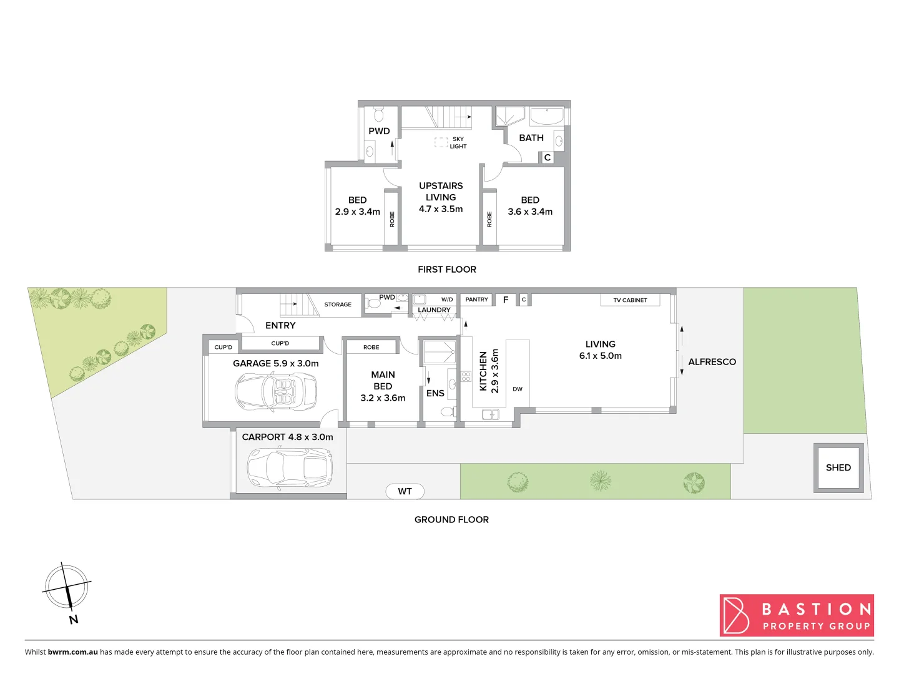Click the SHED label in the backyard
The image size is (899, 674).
point(838,467)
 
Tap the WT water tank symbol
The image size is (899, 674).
point(405,491)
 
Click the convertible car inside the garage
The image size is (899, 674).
point(275,392)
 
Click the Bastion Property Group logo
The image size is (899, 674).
point(797,615)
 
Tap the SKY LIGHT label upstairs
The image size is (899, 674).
point(458,143)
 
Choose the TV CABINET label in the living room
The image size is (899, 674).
point(630,300)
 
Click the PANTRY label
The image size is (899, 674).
point(476,300)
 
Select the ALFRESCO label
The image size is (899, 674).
point(712,362)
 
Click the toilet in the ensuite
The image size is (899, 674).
point(447,412)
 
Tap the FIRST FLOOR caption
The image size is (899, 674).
point(447,270)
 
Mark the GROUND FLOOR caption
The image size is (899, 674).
point(451,520)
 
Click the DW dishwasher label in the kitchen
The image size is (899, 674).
point(518,389)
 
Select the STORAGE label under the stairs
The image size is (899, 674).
point(338,305)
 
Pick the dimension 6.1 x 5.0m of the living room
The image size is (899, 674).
point(601,356)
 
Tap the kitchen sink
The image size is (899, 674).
point(490,414)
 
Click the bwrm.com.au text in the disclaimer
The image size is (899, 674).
point(72,652)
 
